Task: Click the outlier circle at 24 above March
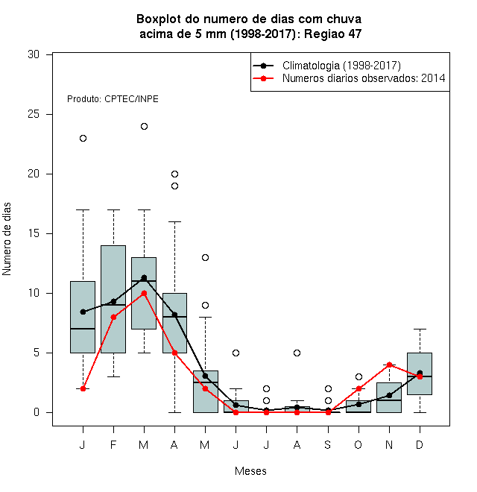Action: point(144,127)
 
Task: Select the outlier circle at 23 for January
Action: point(83,139)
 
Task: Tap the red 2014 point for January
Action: point(83,389)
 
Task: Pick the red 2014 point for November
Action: point(389,365)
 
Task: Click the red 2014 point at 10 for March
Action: point(144,294)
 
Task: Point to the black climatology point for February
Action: point(113,302)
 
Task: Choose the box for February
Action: point(113,300)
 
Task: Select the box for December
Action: point(420,373)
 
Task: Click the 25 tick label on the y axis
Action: point(34,114)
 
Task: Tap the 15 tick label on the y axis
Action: point(34,233)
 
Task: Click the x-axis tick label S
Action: point(328,444)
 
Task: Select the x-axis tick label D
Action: point(420,444)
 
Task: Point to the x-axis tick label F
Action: point(113,444)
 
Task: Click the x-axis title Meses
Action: point(250,471)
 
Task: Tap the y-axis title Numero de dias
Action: point(7,239)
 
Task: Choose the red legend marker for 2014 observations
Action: point(263,78)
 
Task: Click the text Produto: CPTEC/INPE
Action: point(113,99)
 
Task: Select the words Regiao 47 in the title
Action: point(333,34)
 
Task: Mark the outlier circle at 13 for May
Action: point(205,258)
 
